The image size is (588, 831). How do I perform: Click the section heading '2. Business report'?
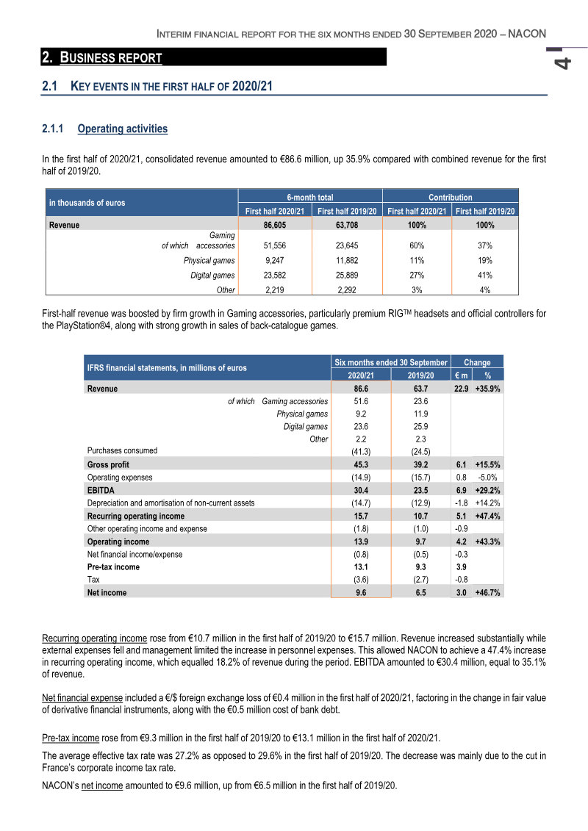pyautogui.click(x=102, y=57)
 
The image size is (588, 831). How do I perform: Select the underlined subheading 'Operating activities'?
pyautogui.click(x=122, y=129)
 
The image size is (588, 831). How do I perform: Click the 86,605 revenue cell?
pyautogui.click(x=274, y=226)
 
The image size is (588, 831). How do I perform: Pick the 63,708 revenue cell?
pyautogui.click(x=346, y=226)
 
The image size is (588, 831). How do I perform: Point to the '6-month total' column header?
pyautogui.click(x=309, y=197)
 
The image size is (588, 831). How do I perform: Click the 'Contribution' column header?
pyautogui.click(x=450, y=197)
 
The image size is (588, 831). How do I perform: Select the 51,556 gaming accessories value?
pyautogui.click(x=274, y=246)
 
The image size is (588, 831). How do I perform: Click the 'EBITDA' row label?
pyautogui.click(x=101, y=489)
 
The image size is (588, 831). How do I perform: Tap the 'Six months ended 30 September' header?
pyautogui.click(x=390, y=362)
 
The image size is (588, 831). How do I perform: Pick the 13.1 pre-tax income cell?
pyautogui.click(x=361, y=567)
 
